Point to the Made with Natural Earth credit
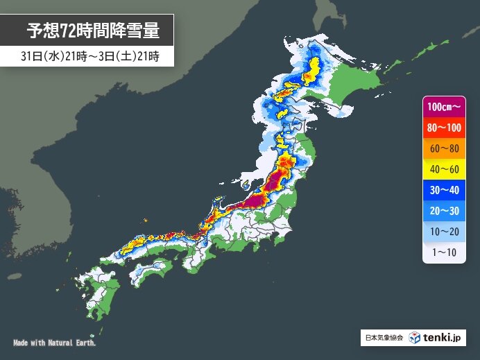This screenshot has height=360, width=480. click(x=55, y=343)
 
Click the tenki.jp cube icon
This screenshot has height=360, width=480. click(x=415, y=338)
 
